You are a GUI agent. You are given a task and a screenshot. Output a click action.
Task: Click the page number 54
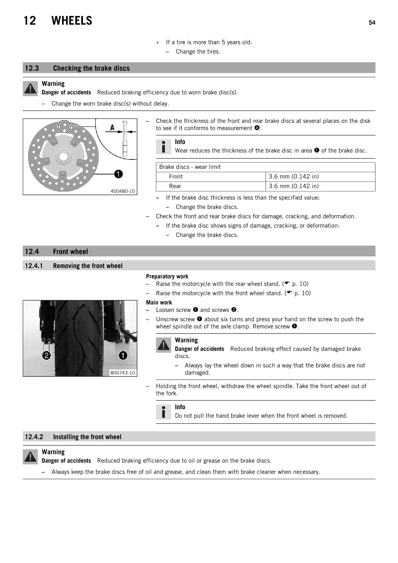372,23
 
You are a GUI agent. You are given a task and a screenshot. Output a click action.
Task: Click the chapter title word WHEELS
72,21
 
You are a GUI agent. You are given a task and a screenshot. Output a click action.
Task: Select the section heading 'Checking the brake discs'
91,68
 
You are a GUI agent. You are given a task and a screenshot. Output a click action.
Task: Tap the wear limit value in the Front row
294,177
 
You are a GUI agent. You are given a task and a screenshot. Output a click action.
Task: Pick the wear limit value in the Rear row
294,186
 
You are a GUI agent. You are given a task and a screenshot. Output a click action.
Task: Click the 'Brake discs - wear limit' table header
190,167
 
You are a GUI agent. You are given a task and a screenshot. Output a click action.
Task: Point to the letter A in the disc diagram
112,128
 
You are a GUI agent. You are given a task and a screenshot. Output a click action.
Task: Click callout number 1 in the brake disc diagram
118,174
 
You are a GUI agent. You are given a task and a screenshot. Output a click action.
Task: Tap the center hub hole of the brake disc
63,156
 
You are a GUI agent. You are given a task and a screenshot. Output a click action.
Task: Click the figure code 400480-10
123,191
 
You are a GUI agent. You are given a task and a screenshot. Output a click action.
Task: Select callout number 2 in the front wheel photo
46,355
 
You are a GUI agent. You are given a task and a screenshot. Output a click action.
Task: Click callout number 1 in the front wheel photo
123,355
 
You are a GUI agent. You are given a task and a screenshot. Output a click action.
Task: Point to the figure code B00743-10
123,373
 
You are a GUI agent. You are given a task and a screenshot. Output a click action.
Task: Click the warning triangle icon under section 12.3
30,89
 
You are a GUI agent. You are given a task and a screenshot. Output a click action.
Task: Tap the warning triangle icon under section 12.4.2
30,457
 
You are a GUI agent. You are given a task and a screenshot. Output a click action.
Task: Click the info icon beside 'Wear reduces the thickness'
163,147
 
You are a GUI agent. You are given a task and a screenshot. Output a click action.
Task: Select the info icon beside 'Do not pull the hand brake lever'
163,412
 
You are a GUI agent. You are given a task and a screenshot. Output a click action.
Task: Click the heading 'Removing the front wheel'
88,266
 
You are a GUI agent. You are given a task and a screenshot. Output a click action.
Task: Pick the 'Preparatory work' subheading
167,276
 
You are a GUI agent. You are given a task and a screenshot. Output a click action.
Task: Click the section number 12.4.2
34,437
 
